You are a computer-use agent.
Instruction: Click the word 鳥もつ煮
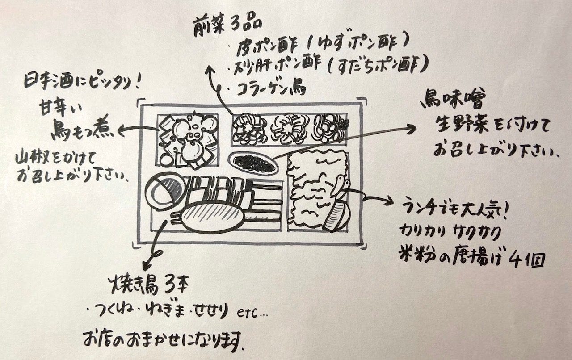click(85, 130)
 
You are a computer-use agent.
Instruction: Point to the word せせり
click(212, 309)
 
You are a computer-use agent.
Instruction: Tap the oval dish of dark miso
click(253, 162)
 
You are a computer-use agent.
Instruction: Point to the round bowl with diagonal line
click(166, 192)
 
